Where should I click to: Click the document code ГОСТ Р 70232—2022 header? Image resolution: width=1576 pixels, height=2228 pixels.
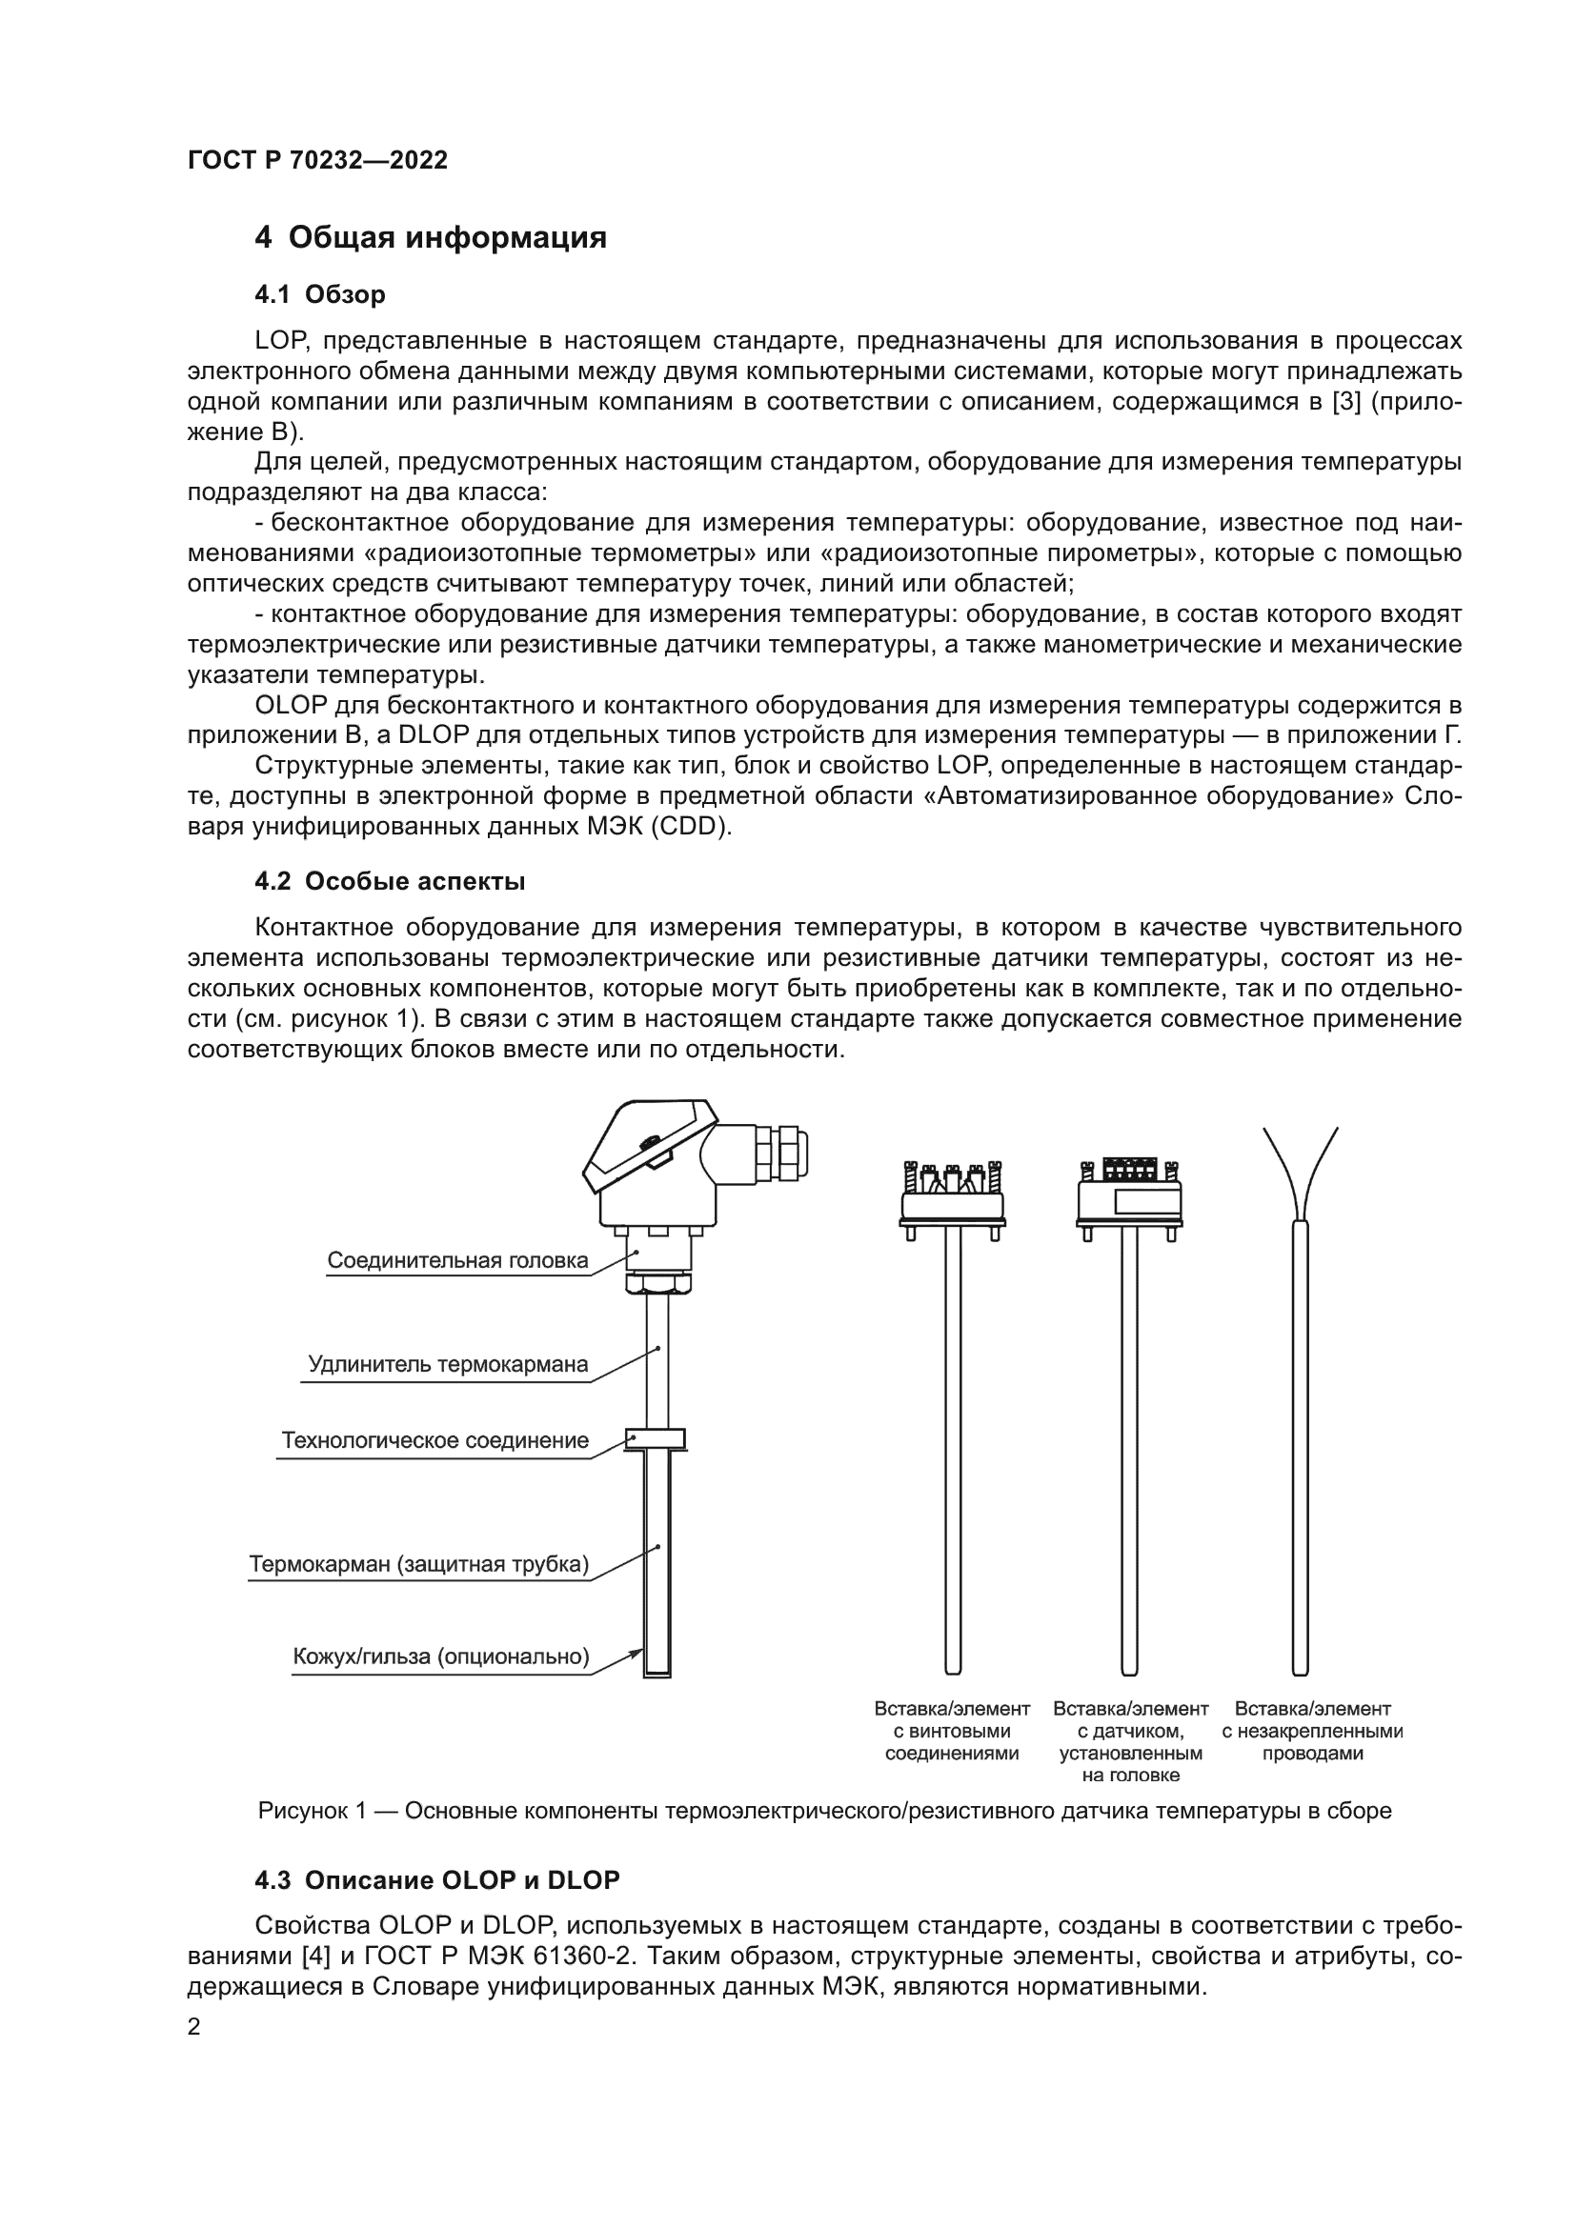[x=317, y=161]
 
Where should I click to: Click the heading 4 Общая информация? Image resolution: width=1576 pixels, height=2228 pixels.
[x=430, y=238]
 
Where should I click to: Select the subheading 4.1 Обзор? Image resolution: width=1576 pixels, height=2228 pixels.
[x=319, y=294]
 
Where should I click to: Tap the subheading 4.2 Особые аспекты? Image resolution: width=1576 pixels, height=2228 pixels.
[x=389, y=881]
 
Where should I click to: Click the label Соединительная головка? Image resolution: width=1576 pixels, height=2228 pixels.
[x=457, y=1260]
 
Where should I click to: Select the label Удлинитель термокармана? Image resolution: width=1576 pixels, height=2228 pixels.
[x=448, y=1364]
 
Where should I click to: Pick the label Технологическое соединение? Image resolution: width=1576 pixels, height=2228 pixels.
[x=434, y=1440]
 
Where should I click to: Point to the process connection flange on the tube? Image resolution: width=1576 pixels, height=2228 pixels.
[x=655, y=1439]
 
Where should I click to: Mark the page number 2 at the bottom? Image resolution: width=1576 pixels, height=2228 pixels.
[x=194, y=2027]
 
